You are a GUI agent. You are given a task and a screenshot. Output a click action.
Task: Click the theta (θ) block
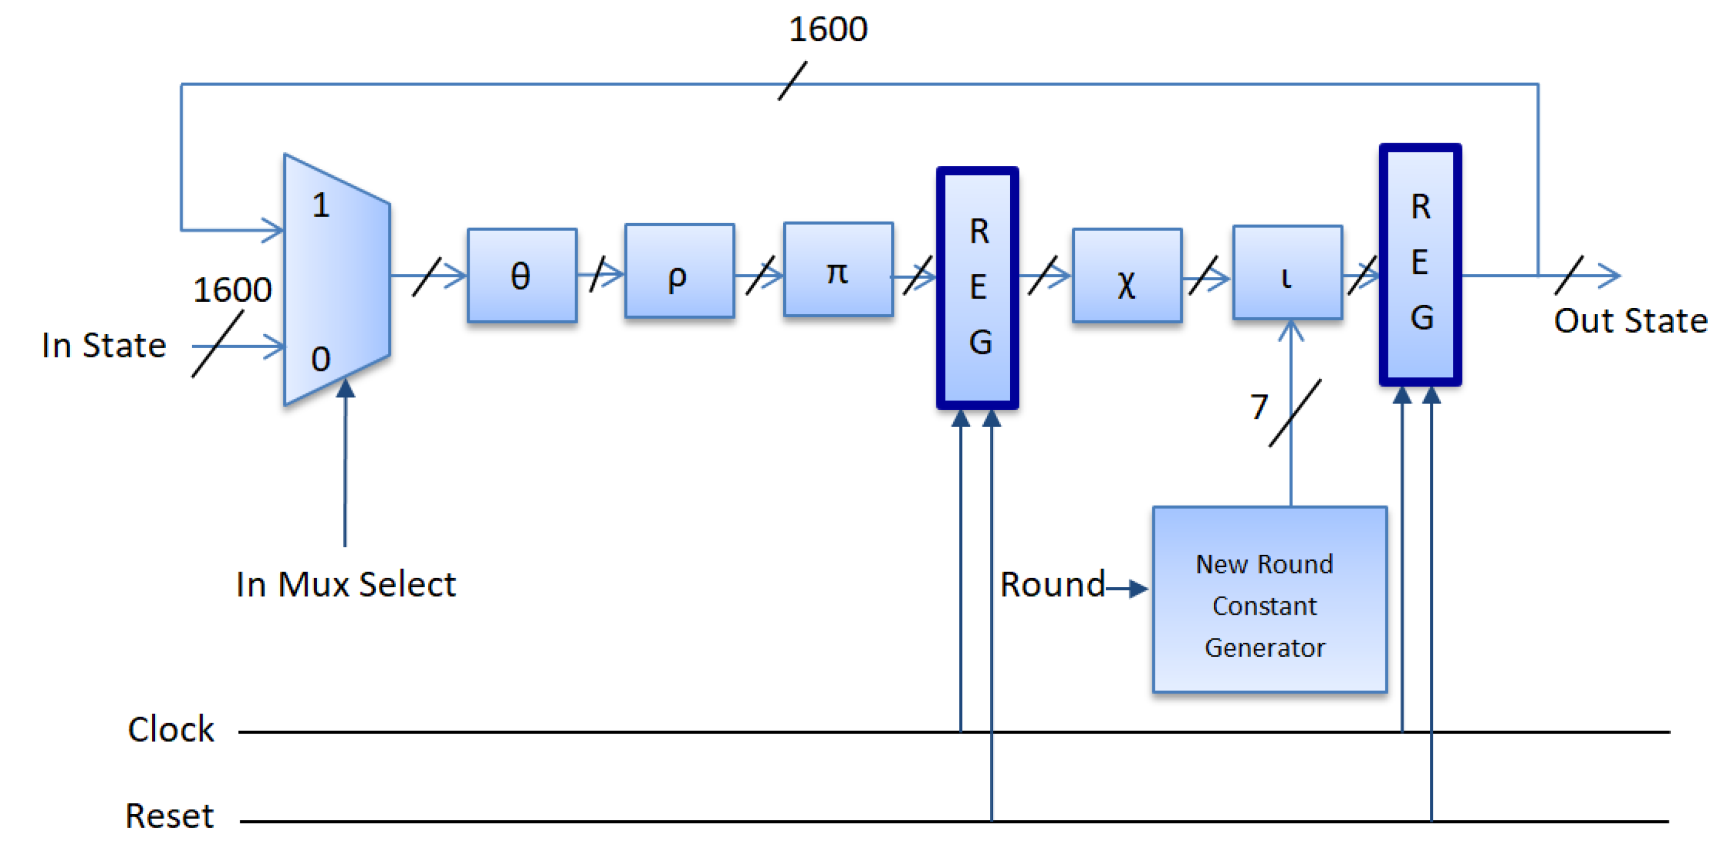pyautogui.click(x=522, y=275)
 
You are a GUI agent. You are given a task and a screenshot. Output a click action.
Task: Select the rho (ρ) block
pyautogui.click(x=678, y=271)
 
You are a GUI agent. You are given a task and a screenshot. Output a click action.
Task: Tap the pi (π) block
pyautogui.click(x=838, y=270)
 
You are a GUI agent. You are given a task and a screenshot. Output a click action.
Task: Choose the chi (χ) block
pyautogui.click(x=1127, y=275)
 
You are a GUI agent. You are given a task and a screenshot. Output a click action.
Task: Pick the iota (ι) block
pyautogui.click(x=1287, y=273)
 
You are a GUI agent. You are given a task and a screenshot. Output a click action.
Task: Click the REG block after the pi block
pyautogui.click(x=977, y=287)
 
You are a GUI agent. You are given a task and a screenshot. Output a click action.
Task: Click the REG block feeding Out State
pyautogui.click(x=1420, y=264)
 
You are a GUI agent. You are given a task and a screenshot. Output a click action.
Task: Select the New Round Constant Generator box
pyautogui.click(x=1269, y=599)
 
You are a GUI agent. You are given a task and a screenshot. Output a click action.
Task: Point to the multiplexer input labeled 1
pyautogui.click(x=321, y=205)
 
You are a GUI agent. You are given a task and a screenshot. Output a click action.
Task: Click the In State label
pyautogui.click(x=104, y=346)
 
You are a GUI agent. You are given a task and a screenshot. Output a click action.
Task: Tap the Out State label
pyautogui.click(x=1630, y=321)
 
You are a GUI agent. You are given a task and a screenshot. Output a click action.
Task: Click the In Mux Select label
pyautogui.click(x=346, y=585)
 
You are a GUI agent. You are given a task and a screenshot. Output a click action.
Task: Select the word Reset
pyautogui.click(x=169, y=816)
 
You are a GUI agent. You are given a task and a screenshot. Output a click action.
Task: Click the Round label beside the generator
pyautogui.click(x=1052, y=585)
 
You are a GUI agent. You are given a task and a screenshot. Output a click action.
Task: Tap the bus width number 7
pyautogui.click(x=1259, y=406)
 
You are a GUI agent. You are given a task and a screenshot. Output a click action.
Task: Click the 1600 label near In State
pyautogui.click(x=232, y=290)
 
